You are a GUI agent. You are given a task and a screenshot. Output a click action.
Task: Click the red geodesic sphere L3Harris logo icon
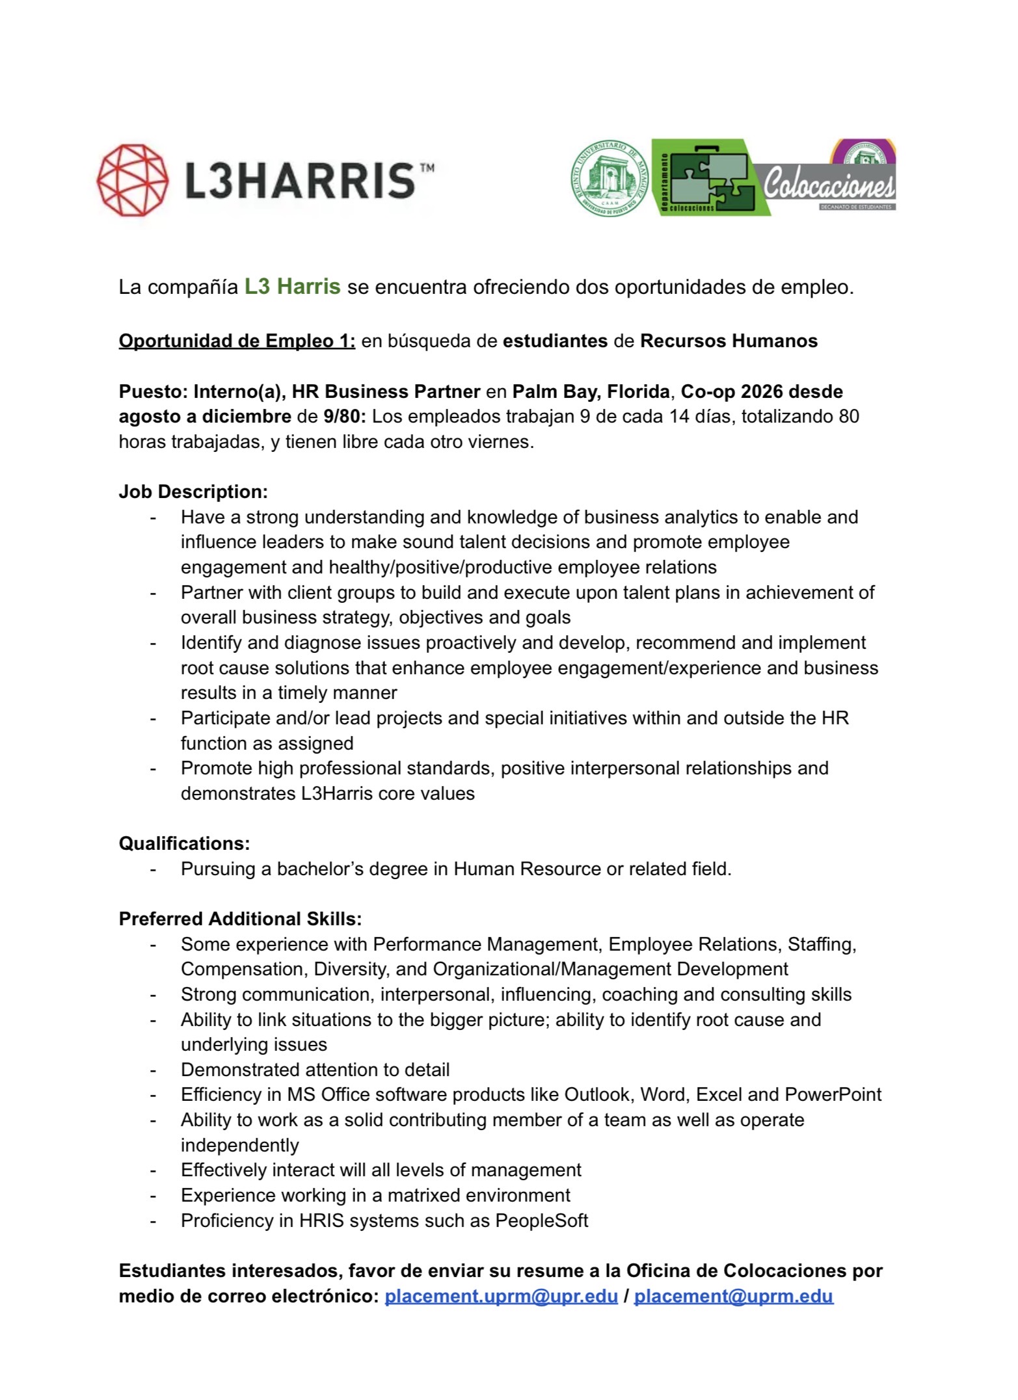pos(133,180)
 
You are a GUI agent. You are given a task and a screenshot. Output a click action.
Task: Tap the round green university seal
pos(610,177)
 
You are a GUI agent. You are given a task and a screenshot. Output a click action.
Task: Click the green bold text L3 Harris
pos(292,287)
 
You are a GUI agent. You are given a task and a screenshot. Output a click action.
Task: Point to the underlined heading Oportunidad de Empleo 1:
pos(237,341)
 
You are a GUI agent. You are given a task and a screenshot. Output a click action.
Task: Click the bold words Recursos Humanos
pos(729,341)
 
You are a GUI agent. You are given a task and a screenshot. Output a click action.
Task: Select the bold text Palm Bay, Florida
pos(591,391)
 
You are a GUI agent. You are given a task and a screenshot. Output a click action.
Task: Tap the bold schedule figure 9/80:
pos(345,417)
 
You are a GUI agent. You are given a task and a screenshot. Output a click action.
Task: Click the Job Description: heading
pos(193,492)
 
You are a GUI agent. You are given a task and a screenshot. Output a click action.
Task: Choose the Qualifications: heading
pos(184,843)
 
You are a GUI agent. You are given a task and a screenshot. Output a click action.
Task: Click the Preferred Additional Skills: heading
pos(240,919)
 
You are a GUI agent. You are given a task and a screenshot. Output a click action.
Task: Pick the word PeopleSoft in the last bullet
pos(541,1221)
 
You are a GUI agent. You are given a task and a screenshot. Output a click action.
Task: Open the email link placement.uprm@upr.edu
pos(501,1296)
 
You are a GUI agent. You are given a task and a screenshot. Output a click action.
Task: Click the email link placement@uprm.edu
pos(733,1296)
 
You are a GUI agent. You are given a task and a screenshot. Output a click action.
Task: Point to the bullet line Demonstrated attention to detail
pos(315,1070)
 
